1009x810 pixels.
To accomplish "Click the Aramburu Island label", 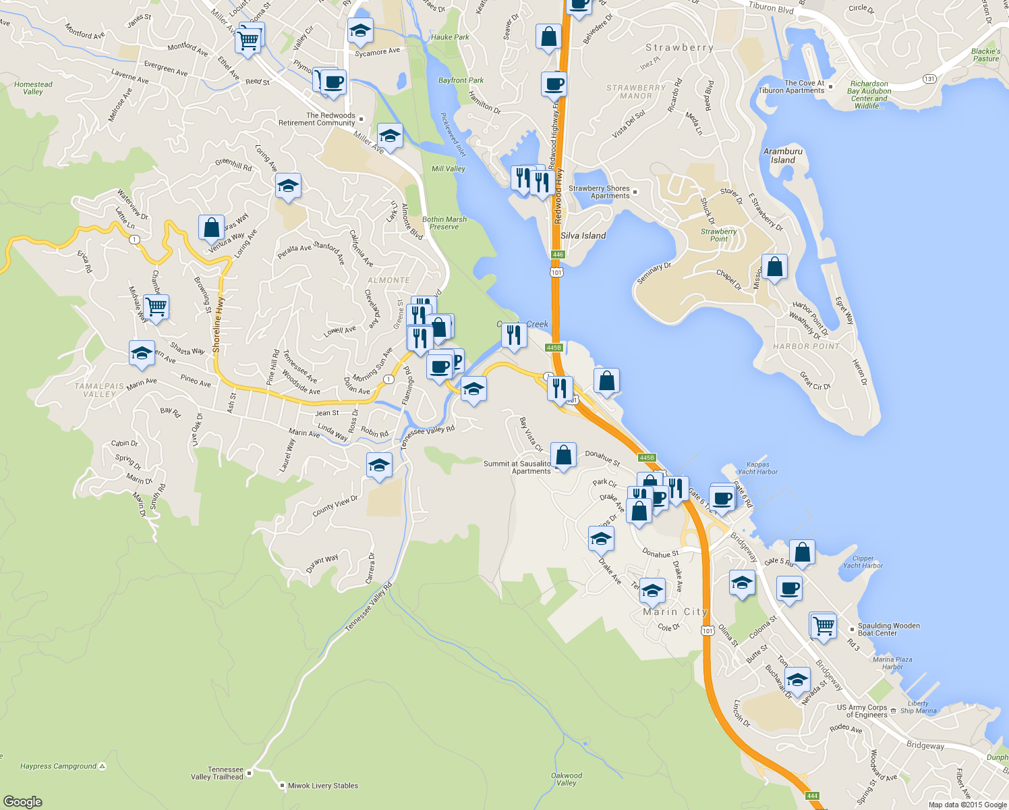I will click(783, 156).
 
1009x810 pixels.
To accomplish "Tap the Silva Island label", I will click(583, 236).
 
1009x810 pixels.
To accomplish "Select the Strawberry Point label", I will click(718, 235).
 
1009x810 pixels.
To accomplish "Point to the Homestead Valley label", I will click(33, 88).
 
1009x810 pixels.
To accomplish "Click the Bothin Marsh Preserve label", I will click(444, 223).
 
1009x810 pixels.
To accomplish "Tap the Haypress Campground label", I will click(59, 766).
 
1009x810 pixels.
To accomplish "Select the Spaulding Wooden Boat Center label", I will click(888, 629).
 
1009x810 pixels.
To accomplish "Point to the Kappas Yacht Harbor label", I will click(757, 468).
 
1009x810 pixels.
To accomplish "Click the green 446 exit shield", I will click(557, 254).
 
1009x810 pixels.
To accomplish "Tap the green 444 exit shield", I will click(812, 796).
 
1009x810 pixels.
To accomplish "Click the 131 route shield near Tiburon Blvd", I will click(929, 79).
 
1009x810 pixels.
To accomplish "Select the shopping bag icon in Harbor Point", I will click(775, 267).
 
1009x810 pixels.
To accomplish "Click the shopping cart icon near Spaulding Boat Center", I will click(824, 625).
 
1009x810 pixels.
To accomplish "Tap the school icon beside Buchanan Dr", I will click(798, 679).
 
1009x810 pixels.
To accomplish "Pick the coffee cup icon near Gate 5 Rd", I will click(789, 588).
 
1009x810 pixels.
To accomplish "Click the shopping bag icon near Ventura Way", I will click(212, 227).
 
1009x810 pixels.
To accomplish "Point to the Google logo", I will click(23, 801).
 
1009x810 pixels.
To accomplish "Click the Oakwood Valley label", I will click(567, 779).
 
